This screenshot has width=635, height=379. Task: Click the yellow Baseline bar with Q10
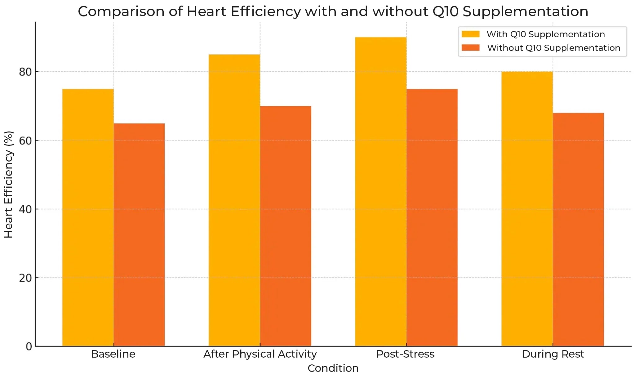click(x=88, y=217)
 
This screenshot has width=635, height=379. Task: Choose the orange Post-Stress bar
click(x=432, y=217)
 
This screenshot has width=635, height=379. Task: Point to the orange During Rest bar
click(x=578, y=230)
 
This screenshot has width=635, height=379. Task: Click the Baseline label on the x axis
click(x=113, y=354)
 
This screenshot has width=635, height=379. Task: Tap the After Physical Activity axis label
click(x=260, y=354)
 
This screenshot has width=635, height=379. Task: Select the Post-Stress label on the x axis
click(x=405, y=354)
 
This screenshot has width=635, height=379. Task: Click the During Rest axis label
click(x=553, y=354)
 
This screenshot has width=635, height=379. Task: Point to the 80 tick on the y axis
click(x=25, y=72)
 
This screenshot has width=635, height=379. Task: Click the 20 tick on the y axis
click(x=25, y=278)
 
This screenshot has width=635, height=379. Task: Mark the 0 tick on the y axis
click(x=29, y=346)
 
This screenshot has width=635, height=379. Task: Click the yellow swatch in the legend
click(x=470, y=34)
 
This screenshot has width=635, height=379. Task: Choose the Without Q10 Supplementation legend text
click(x=554, y=48)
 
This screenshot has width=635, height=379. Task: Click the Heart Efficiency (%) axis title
click(x=9, y=185)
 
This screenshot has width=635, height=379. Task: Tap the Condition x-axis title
click(x=333, y=368)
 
